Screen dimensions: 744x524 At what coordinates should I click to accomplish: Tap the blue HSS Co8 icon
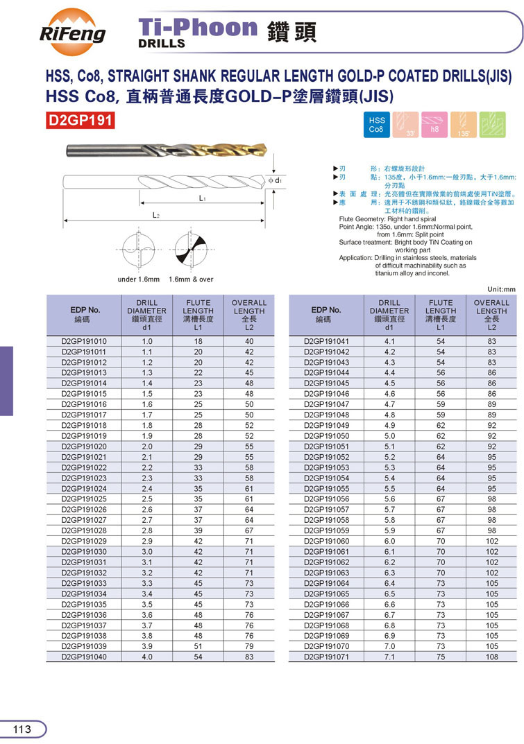point(376,125)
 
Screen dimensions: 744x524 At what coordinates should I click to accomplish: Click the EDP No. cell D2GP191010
point(84,342)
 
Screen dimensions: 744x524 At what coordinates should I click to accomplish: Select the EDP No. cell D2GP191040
point(84,657)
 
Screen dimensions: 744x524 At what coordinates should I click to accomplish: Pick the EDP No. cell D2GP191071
point(327,657)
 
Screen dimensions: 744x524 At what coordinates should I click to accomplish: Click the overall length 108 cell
point(491,657)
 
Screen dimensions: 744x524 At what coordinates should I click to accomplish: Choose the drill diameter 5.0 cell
point(389,436)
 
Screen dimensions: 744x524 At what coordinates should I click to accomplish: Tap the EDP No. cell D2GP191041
point(327,342)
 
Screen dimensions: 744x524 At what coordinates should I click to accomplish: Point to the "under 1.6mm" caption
point(139,279)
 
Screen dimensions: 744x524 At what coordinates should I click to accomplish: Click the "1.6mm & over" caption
point(191,279)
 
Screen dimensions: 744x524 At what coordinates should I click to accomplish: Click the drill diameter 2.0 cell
point(146,447)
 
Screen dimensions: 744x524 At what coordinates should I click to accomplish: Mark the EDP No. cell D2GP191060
point(327,541)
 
